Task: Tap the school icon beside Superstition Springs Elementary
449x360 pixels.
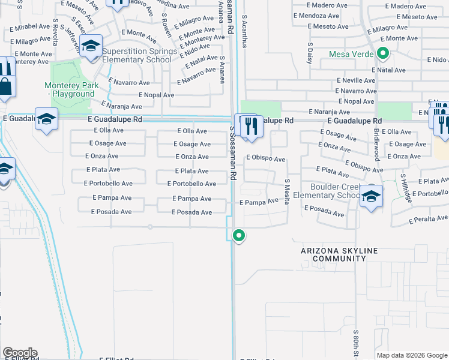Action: pyautogui.click(x=91, y=47)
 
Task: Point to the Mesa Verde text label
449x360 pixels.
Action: pyautogui.click(x=351, y=54)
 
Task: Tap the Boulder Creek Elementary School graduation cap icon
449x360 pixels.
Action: pyautogui.click(x=372, y=196)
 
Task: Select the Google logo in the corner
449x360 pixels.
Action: pyautogui.click(x=20, y=353)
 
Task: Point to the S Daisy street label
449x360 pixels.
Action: pyautogui.click(x=310, y=53)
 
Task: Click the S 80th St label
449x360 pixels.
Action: pyautogui.click(x=355, y=341)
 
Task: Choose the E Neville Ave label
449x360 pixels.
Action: pyautogui.click(x=356, y=80)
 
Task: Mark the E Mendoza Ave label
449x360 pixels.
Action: pyautogui.click(x=321, y=16)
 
